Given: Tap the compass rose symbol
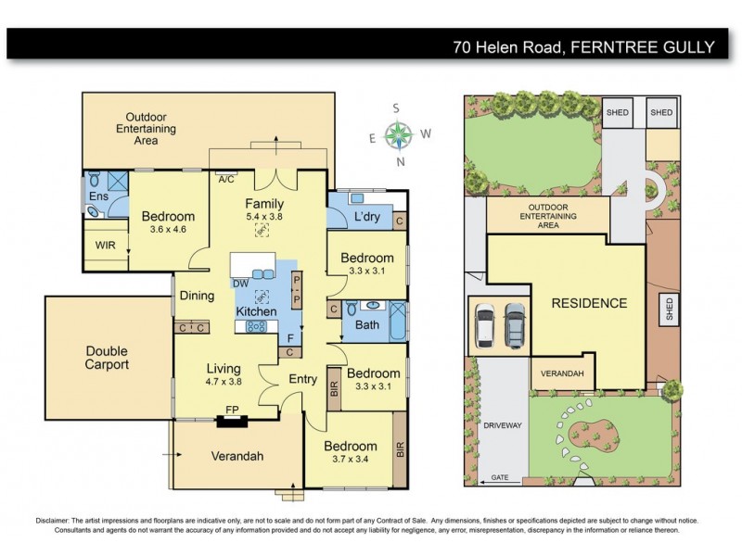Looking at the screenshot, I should (x=398, y=135).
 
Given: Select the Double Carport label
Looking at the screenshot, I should (x=108, y=358).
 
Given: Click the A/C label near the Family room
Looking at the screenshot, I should (x=225, y=180).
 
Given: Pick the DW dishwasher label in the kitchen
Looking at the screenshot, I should (x=239, y=284).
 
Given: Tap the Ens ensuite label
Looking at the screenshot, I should (x=98, y=196).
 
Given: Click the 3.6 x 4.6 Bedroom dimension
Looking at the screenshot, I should (x=168, y=231).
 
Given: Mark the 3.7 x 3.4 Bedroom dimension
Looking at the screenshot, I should (x=351, y=461).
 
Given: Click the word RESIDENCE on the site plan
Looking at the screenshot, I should (x=589, y=303).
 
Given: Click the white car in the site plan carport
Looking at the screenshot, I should (x=486, y=325).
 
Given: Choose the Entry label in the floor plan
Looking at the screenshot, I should (x=303, y=380).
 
